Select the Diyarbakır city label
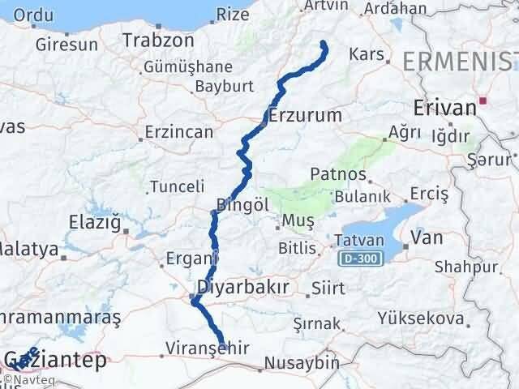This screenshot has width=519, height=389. pos(243,287)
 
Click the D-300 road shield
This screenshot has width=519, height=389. pos(357,257)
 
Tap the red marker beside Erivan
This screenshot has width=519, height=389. pos(483,102)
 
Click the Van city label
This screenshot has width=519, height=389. pos(427,237)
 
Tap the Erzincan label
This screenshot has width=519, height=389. pos(178,131)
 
